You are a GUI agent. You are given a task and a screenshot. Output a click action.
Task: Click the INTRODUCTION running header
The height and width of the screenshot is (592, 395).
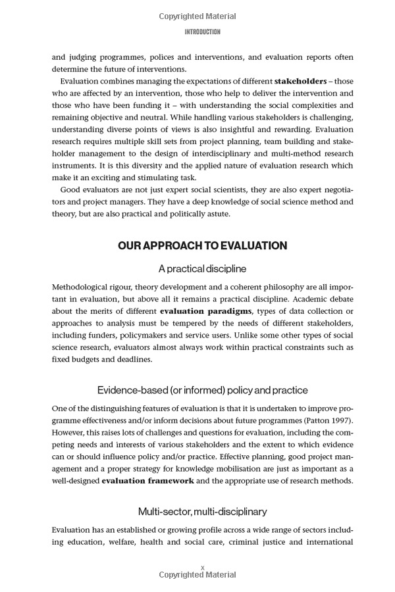202,32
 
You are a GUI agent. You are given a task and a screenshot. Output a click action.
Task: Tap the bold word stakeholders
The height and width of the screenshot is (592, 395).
300,81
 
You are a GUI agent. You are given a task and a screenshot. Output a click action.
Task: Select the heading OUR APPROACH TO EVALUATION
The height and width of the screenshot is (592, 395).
202,245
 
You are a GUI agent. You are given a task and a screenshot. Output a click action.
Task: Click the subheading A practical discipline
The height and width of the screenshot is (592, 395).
202,268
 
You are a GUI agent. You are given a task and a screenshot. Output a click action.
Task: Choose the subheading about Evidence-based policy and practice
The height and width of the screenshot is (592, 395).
202,390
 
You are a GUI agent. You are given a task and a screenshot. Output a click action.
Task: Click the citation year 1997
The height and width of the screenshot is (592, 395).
337,420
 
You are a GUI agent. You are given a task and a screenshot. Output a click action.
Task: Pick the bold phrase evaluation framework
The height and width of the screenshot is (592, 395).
147,481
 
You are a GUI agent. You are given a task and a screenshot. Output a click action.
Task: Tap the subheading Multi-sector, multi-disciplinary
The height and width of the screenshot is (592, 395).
202,511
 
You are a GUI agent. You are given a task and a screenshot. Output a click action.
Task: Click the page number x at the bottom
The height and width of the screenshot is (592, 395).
203,566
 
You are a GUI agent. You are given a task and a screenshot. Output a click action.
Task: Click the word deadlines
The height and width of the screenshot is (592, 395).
132,359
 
